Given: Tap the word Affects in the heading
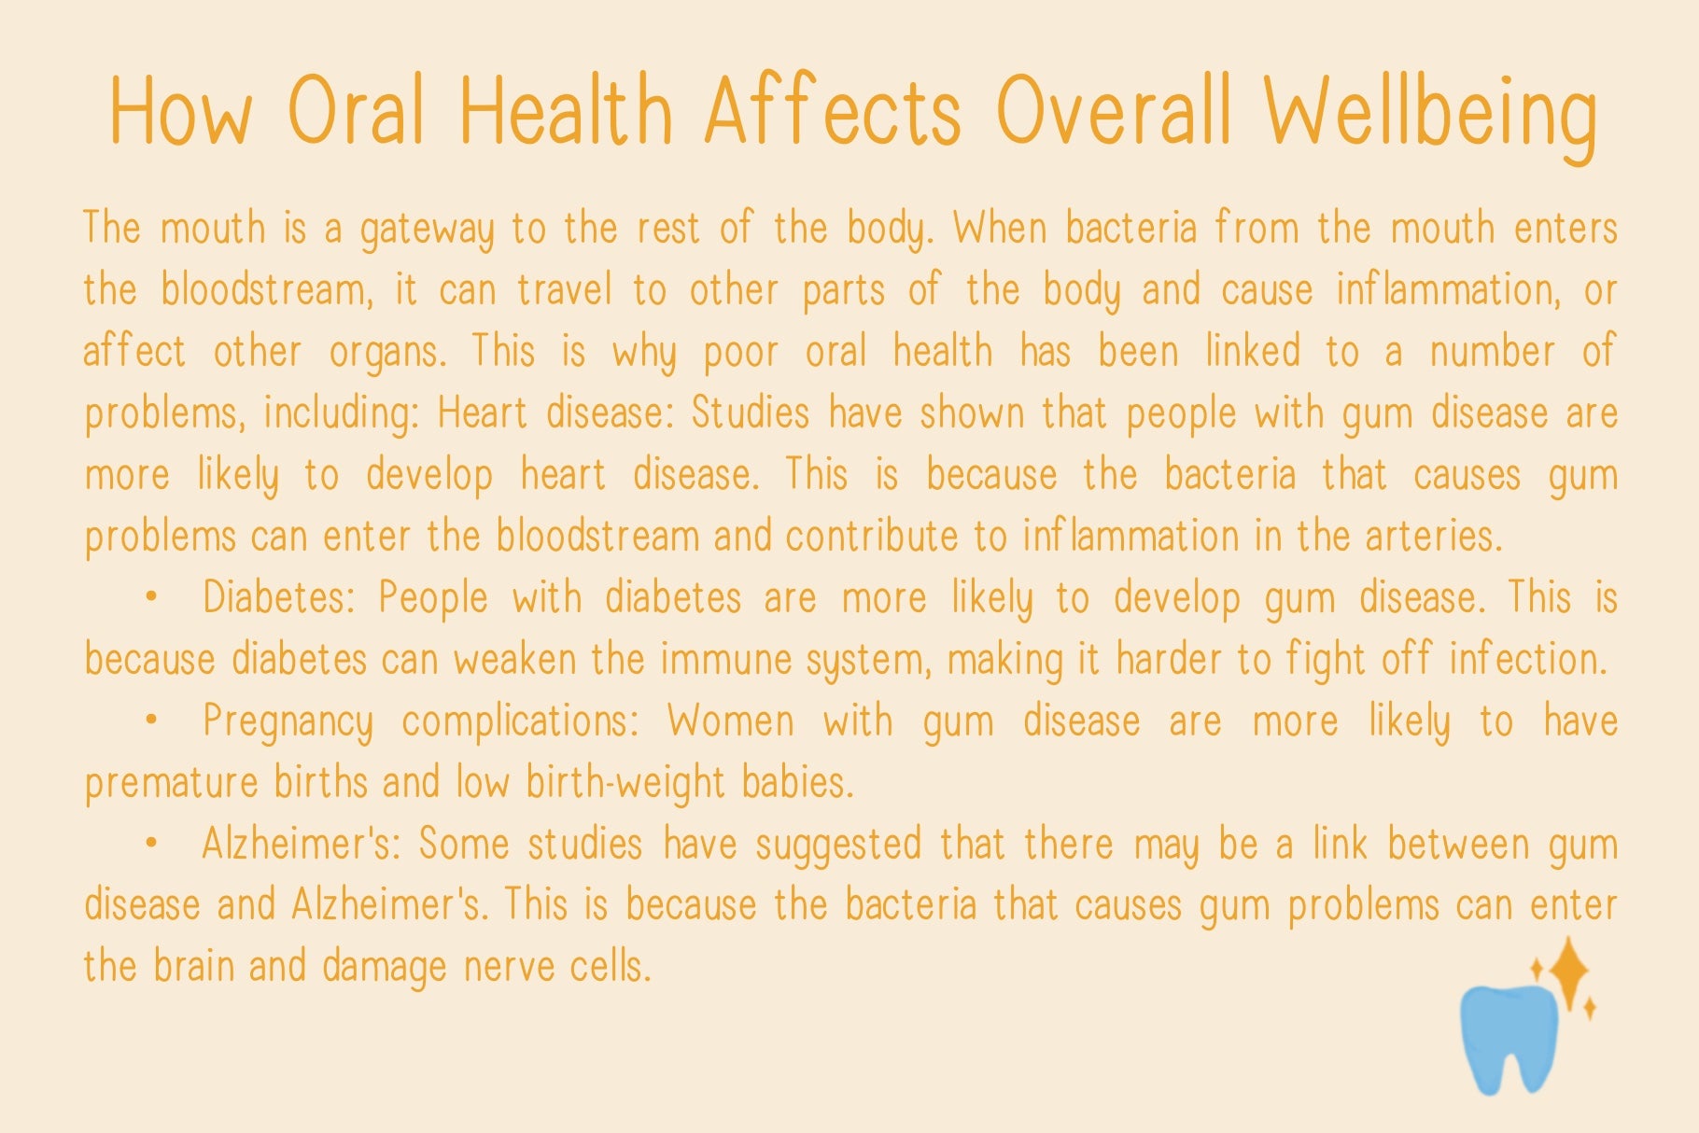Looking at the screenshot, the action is (833, 111).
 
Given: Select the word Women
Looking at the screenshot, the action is (732, 721).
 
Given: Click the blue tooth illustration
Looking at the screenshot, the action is (1509, 1038).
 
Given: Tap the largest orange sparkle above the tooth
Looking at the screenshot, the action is (1568, 972).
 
